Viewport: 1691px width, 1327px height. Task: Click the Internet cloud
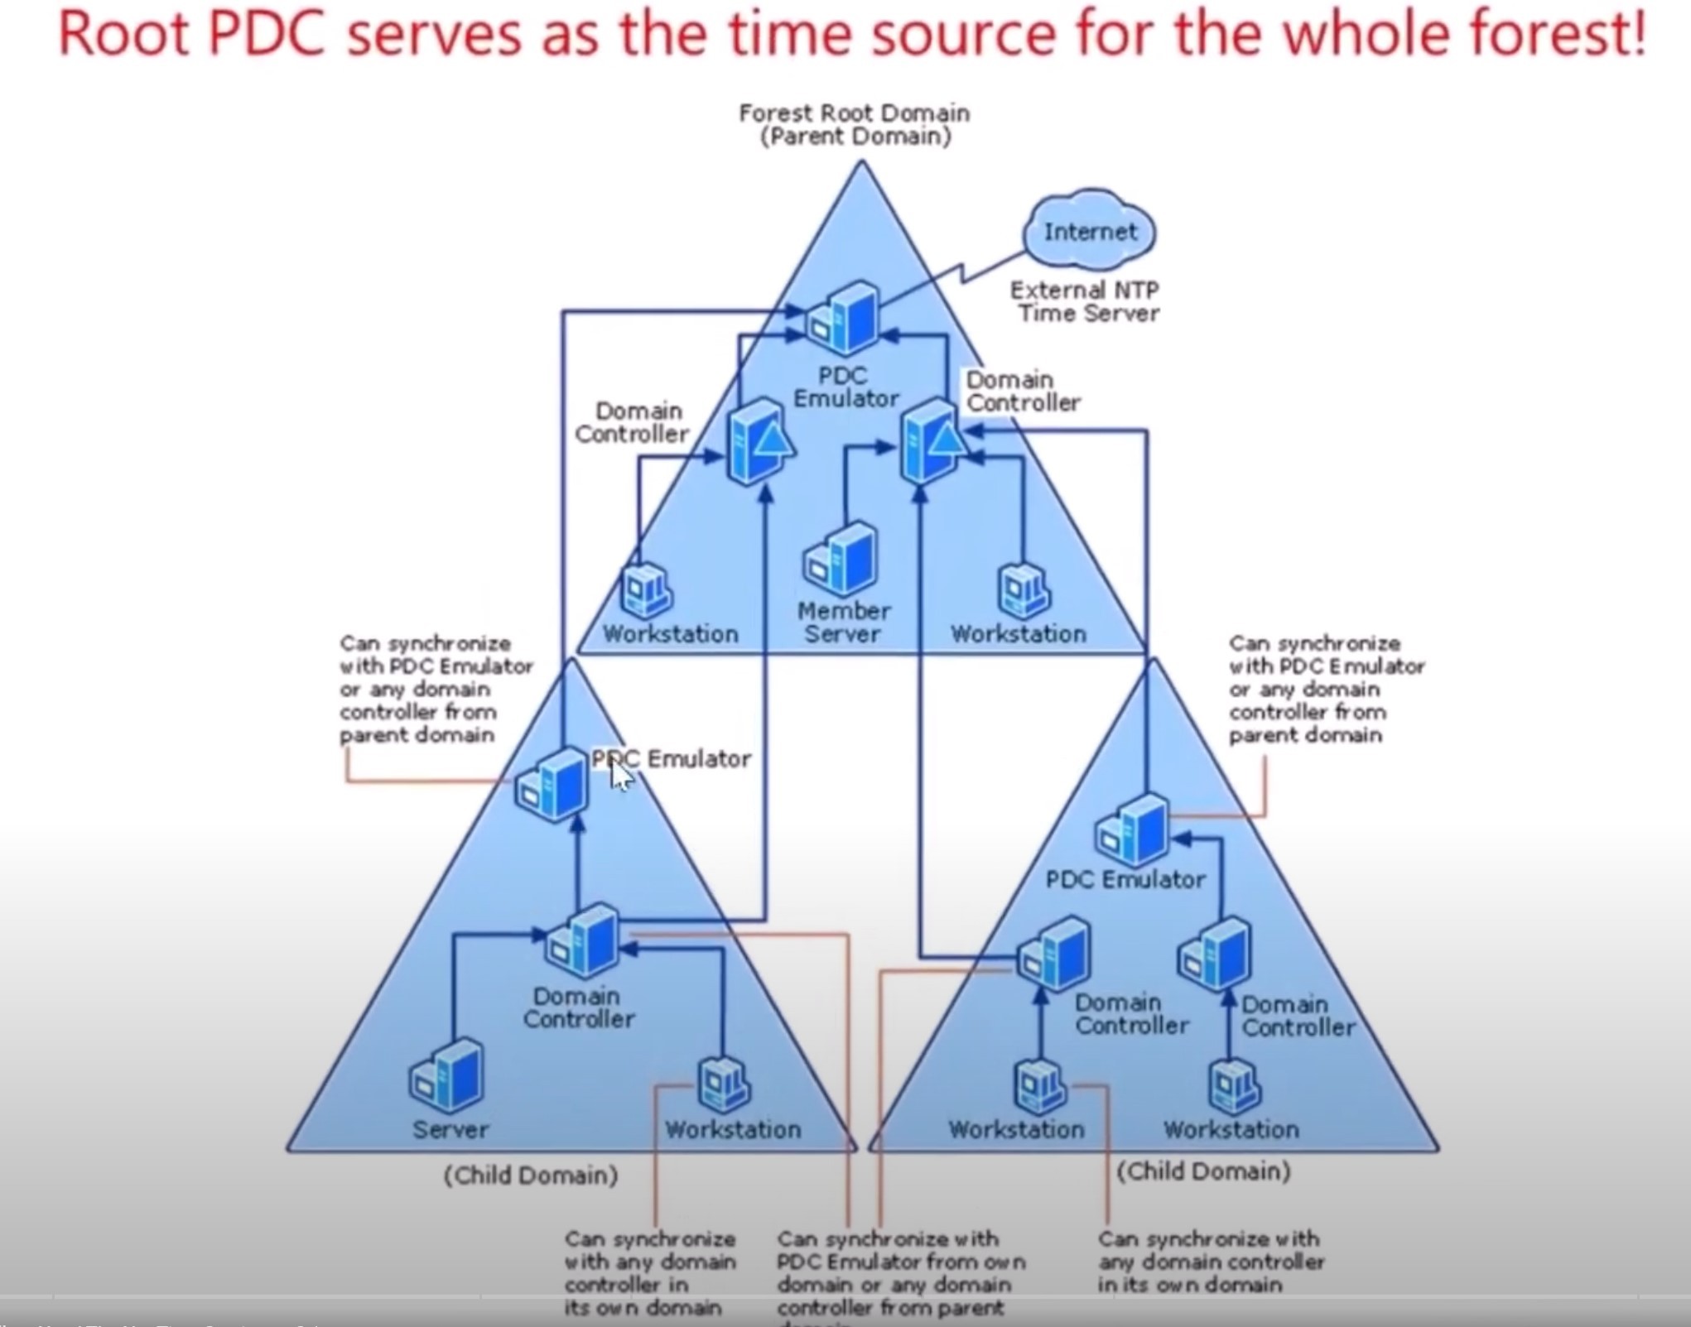pyautogui.click(x=1089, y=231)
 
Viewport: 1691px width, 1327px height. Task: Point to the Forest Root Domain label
pyautogui.click(x=855, y=124)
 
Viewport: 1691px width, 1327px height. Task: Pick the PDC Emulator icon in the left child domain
pyautogui.click(x=552, y=784)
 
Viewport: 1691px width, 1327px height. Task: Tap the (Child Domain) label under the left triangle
pyautogui.click(x=531, y=1176)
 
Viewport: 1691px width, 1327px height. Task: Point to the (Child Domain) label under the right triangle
pyautogui.click(x=1203, y=1171)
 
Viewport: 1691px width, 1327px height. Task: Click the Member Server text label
pyautogui.click(x=844, y=623)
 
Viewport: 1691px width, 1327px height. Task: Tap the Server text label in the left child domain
pyautogui.click(x=450, y=1129)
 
